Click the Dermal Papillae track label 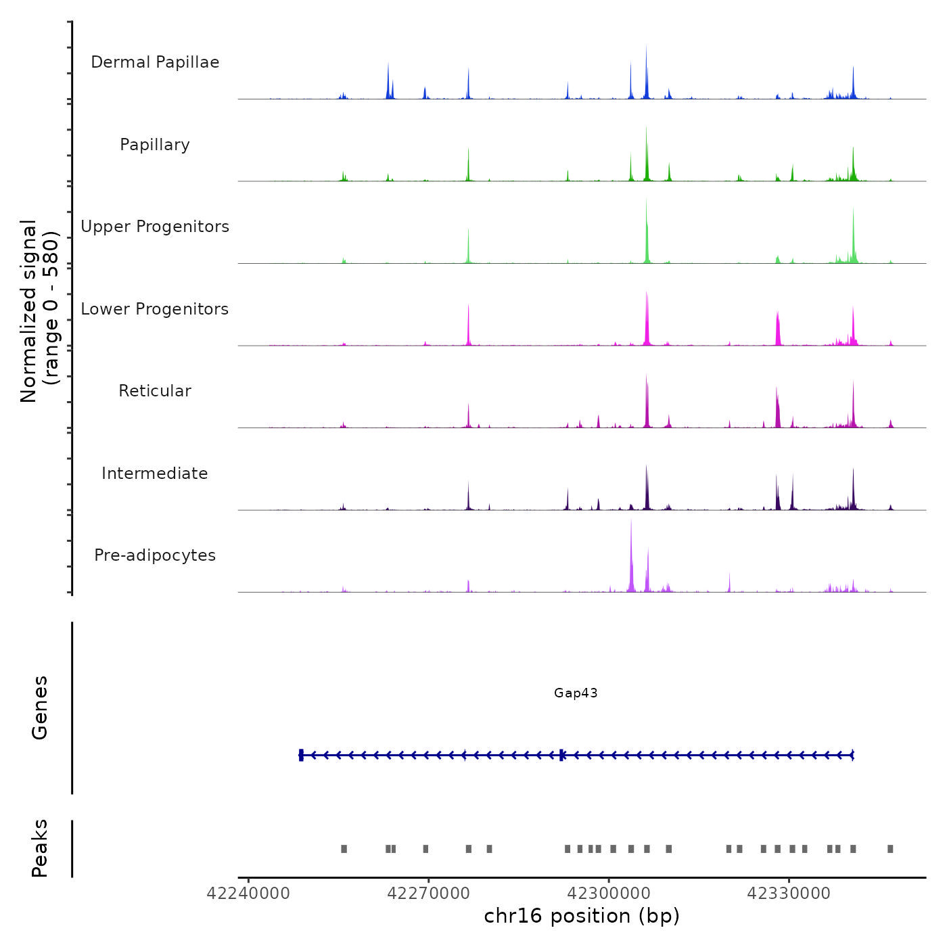click(155, 62)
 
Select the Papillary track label click(155, 145)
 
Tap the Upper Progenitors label click(155, 227)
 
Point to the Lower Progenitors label click(155, 309)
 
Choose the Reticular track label click(155, 391)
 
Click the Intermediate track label click(155, 473)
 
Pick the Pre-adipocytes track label click(155, 555)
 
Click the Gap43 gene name click(576, 693)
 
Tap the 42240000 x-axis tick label click(248, 894)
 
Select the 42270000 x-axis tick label click(428, 894)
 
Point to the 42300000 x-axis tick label click(609, 894)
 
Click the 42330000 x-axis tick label click(789, 894)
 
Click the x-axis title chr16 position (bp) click(582, 916)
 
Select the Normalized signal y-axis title click(39, 310)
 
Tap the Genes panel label click(40, 708)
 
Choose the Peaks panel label click(40, 848)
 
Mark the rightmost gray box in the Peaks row click(890, 849)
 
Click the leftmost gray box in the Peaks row click(344, 849)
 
